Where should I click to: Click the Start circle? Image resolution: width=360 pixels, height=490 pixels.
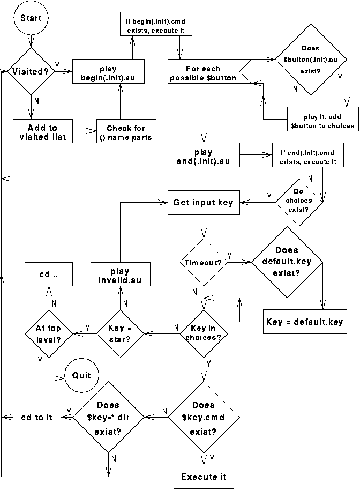pyautogui.click(x=31, y=18)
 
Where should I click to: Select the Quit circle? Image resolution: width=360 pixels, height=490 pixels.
pyautogui.click(x=82, y=375)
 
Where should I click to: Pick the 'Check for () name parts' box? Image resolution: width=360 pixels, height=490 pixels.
pyautogui.click(x=126, y=132)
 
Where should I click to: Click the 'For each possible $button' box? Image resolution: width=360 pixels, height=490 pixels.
pyautogui.click(x=203, y=73)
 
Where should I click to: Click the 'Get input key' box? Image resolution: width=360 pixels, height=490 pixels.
pyautogui.click(x=203, y=202)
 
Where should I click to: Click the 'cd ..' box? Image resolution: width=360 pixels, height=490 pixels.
pyautogui.click(x=49, y=274)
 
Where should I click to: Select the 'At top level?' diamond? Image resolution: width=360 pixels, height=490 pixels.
pyautogui.click(x=49, y=334)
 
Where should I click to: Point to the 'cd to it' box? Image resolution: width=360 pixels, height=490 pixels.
pyautogui.click(x=36, y=417)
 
